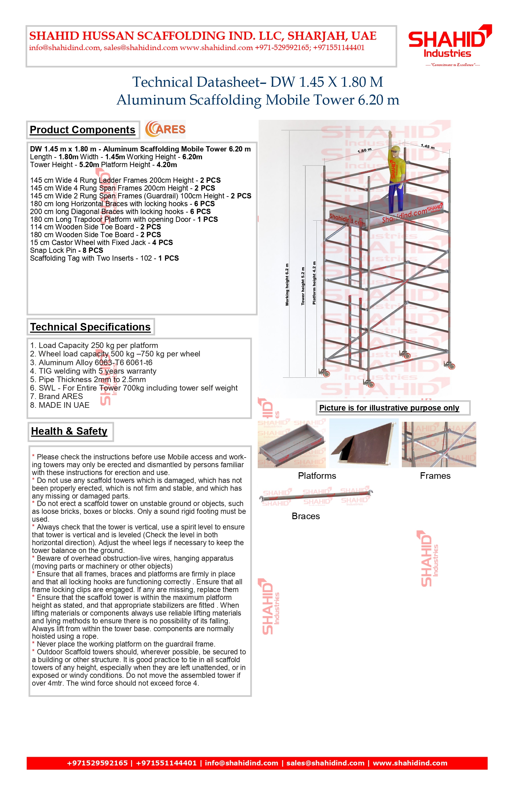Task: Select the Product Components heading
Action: (83, 130)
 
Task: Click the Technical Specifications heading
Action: (90, 327)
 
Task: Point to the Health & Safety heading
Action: (69, 431)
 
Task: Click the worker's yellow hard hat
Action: (396, 148)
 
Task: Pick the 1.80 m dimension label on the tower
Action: (364, 150)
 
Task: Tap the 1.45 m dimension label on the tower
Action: (427, 146)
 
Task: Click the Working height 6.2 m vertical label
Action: (287, 284)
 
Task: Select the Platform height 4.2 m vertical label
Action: (314, 283)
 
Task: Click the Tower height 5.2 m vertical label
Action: (303, 286)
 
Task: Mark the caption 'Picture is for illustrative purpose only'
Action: (389, 408)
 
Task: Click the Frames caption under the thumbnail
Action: (435, 476)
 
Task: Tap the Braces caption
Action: (306, 516)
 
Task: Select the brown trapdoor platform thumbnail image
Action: (364, 443)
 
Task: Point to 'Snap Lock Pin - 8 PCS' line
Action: (66, 250)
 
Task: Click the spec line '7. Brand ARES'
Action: (56, 396)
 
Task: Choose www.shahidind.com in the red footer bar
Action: (410, 763)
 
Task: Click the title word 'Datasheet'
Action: (229, 82)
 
